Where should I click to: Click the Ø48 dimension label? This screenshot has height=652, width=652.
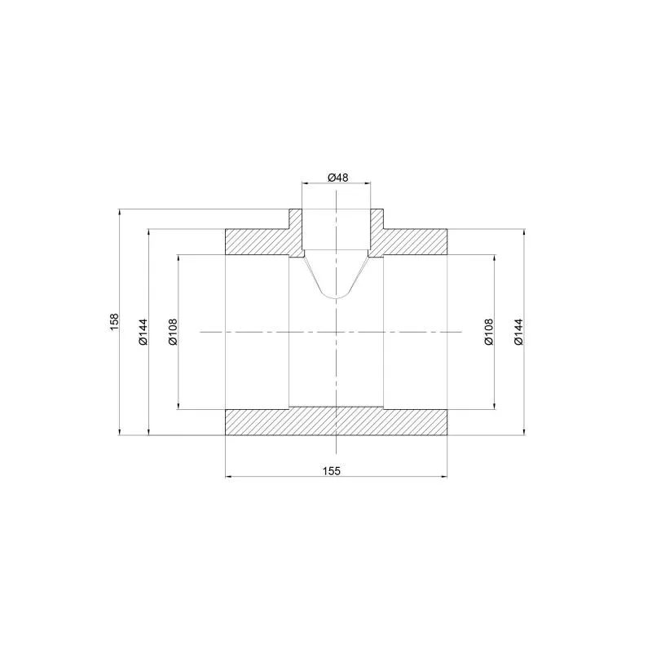click(x=337, y=178)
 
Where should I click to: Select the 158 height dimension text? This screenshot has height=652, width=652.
click(x=114, y=322)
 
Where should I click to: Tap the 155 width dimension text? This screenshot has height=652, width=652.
click(x=332, y=471)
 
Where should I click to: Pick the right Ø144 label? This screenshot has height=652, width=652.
click(x=518, y=332)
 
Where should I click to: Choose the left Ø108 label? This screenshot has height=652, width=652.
click(x=173, y=332)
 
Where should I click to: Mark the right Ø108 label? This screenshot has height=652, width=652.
click(x=488, y=332)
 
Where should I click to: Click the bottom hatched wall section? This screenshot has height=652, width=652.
click(x=336, y=421)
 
